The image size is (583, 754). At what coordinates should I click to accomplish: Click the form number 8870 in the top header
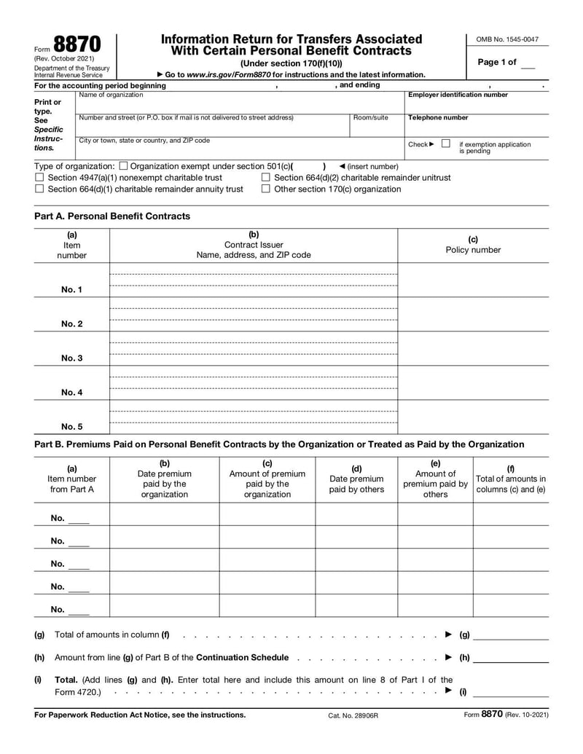[x=77, y=44]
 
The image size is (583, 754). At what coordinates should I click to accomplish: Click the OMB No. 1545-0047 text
[x=507, y=39]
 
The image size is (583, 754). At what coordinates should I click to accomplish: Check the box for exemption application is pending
[x=445, y=144]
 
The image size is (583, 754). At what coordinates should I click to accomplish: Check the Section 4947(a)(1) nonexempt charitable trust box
[x=39, y=178]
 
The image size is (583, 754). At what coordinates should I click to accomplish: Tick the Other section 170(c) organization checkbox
[x=266, y=189]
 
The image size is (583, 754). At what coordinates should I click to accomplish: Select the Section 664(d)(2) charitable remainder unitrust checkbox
[x=266, y=178]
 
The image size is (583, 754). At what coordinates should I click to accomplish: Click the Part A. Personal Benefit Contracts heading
[x=112, y=216]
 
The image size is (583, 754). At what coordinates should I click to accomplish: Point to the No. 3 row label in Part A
[x=71, y=358]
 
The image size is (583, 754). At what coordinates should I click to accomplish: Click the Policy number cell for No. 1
[x=473, y=280]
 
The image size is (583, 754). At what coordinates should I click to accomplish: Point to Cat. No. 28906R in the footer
[x=353, y=715]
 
